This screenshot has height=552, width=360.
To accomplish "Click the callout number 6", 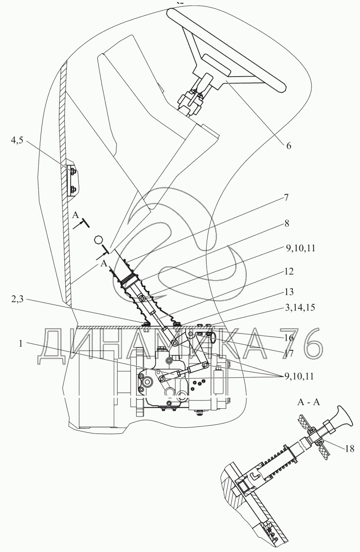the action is click(x=288, y=146).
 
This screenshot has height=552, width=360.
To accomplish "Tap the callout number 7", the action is click(x=286, y=198).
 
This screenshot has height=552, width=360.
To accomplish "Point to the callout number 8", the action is click(x=287, y=224).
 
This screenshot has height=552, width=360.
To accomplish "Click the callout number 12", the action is click(x=289, y=271).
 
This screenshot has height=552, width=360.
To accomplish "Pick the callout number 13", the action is click(x=289, y=292).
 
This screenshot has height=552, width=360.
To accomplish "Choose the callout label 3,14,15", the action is click(x=300, y=307).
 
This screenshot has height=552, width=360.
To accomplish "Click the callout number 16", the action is click(x=289, y=338).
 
